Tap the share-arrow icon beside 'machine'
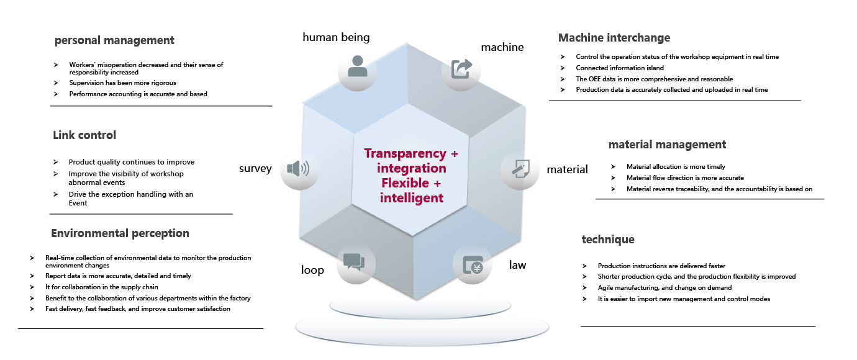pos(461,68)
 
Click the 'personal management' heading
pos(114,40)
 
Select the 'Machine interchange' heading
pos(614,38)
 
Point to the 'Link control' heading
pos(84,135)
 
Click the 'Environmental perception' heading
pos(120,233)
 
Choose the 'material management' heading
pos(667,145)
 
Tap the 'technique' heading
pos(608,239)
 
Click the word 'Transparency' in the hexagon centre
pos(406,153)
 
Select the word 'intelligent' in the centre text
pos(412,198)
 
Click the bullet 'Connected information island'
pos(620,68)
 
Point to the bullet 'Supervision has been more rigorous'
pos(123,83)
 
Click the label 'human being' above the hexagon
pos(336,37)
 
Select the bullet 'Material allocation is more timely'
pos(676,166)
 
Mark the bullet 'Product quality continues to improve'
pos(131,162)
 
